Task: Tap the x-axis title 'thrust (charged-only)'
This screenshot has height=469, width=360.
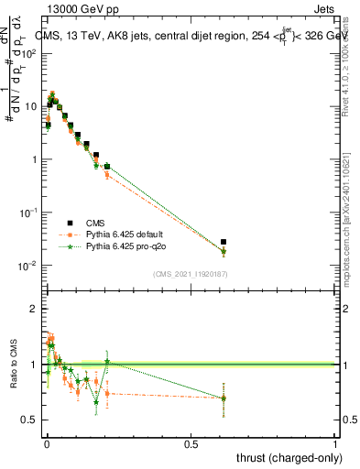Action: pyautogui.click(x=289, y=457)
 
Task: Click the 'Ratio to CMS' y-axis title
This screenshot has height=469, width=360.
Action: pyautogui.click(x=12, y=364)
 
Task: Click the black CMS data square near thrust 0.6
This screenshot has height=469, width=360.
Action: pyautogui.click(x=224, y=242)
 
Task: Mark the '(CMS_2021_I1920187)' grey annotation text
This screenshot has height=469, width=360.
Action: pyautogui.click(x=191, y=274)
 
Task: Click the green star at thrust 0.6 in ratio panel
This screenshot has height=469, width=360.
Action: pyautogui.click(x=224, y=398)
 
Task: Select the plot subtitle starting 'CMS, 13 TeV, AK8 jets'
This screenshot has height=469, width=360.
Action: pyautogui.click(x=183, y=36)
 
